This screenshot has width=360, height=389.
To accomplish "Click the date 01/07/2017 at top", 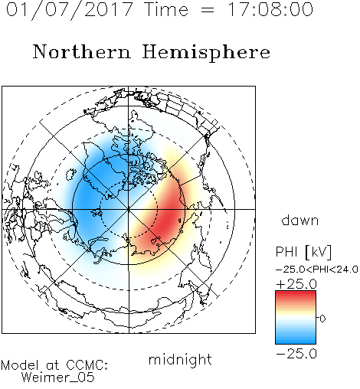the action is coord(70,10).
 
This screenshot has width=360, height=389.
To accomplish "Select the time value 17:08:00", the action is coord(270,9).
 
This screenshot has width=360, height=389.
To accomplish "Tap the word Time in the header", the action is coord(166,9).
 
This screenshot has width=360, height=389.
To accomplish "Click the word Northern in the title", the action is coord(82,51).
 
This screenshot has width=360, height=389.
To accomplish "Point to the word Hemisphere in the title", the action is coord(206,53).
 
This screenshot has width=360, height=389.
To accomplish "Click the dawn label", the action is coord(300,221).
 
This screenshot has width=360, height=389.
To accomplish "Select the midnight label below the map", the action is coord(180,359).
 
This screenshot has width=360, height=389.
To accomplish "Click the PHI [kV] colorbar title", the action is coord(303,252).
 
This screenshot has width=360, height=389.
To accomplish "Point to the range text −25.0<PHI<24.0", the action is coord(317,270).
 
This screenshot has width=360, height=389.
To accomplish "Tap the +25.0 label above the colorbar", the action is coord(296,284).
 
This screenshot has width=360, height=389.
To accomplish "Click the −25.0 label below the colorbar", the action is coord(296,354).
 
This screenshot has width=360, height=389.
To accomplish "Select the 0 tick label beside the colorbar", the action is coord(322,319).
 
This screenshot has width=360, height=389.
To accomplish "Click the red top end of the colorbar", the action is coord(296,293).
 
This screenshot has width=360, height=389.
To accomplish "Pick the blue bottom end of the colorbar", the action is coord(296,342).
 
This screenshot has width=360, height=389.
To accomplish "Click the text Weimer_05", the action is coord(58,378).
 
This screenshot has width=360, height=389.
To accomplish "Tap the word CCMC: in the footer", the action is coord(87,365).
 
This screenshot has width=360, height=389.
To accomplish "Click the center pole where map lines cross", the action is coord(129,209).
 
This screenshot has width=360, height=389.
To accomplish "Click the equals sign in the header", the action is coord(208,10).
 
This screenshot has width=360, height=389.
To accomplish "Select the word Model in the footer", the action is coord(20,365).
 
